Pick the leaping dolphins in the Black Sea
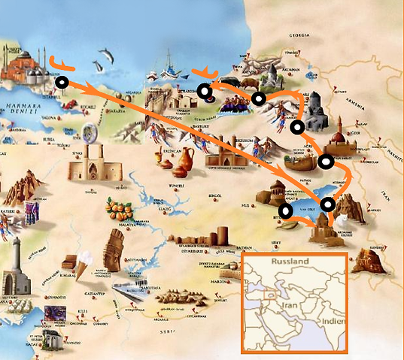[x=107, y=56]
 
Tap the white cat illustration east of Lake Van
[x=344, y=220]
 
